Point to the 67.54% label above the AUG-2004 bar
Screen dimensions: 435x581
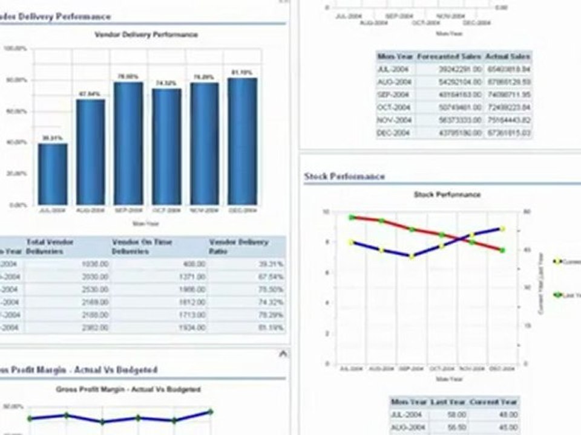90,94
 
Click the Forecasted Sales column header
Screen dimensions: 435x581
450,56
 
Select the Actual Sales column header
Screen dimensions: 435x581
508,56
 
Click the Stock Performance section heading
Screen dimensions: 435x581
344,176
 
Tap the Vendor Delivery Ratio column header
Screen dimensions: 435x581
238,246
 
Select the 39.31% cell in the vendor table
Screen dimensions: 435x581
271,264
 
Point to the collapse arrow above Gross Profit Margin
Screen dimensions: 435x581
283,355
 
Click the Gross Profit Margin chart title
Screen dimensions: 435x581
128,390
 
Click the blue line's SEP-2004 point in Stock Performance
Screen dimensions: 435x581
412,256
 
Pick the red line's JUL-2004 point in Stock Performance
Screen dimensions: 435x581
351,217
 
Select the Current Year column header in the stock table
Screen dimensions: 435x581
494,402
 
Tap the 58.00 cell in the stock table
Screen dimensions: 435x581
457,414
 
